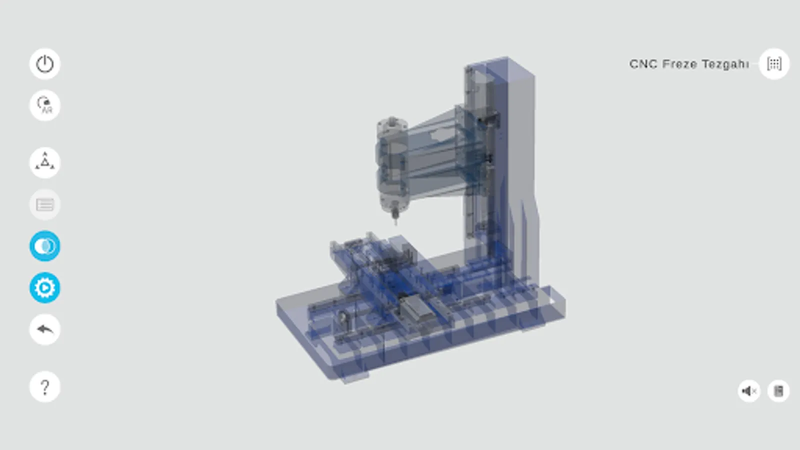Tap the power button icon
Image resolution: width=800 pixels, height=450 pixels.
45,64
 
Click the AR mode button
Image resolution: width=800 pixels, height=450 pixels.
45,105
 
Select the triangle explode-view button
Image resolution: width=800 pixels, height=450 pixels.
45,162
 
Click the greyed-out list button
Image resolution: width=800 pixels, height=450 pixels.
45,204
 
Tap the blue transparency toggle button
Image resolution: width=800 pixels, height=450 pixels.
45,246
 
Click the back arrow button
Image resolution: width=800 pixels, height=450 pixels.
45,329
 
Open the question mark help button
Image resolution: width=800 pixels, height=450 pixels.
45,386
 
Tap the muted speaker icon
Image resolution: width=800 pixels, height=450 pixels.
748,391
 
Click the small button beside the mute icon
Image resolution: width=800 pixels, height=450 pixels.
778,391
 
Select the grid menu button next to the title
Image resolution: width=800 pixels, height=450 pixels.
774,64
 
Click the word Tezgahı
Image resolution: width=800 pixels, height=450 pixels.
725,64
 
